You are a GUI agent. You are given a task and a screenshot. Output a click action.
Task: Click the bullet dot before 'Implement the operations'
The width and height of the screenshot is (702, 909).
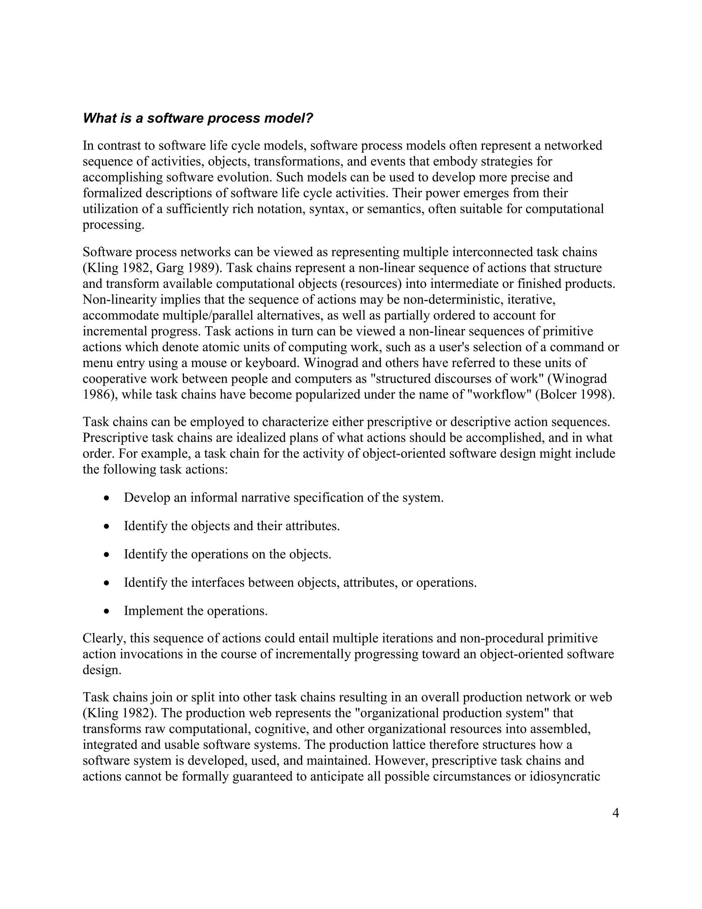click(x=107, y=611)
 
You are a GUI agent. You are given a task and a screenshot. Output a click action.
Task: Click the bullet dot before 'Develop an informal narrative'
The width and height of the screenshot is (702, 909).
click(x=107, y=498)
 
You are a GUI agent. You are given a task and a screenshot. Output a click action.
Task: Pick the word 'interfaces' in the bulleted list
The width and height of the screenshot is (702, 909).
click(x=218, y=583)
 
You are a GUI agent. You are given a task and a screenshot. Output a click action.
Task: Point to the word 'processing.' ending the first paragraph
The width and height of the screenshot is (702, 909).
click(x=113, y=225)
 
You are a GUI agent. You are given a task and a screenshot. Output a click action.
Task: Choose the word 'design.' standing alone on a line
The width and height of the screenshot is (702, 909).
click(x=102, y=670)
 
